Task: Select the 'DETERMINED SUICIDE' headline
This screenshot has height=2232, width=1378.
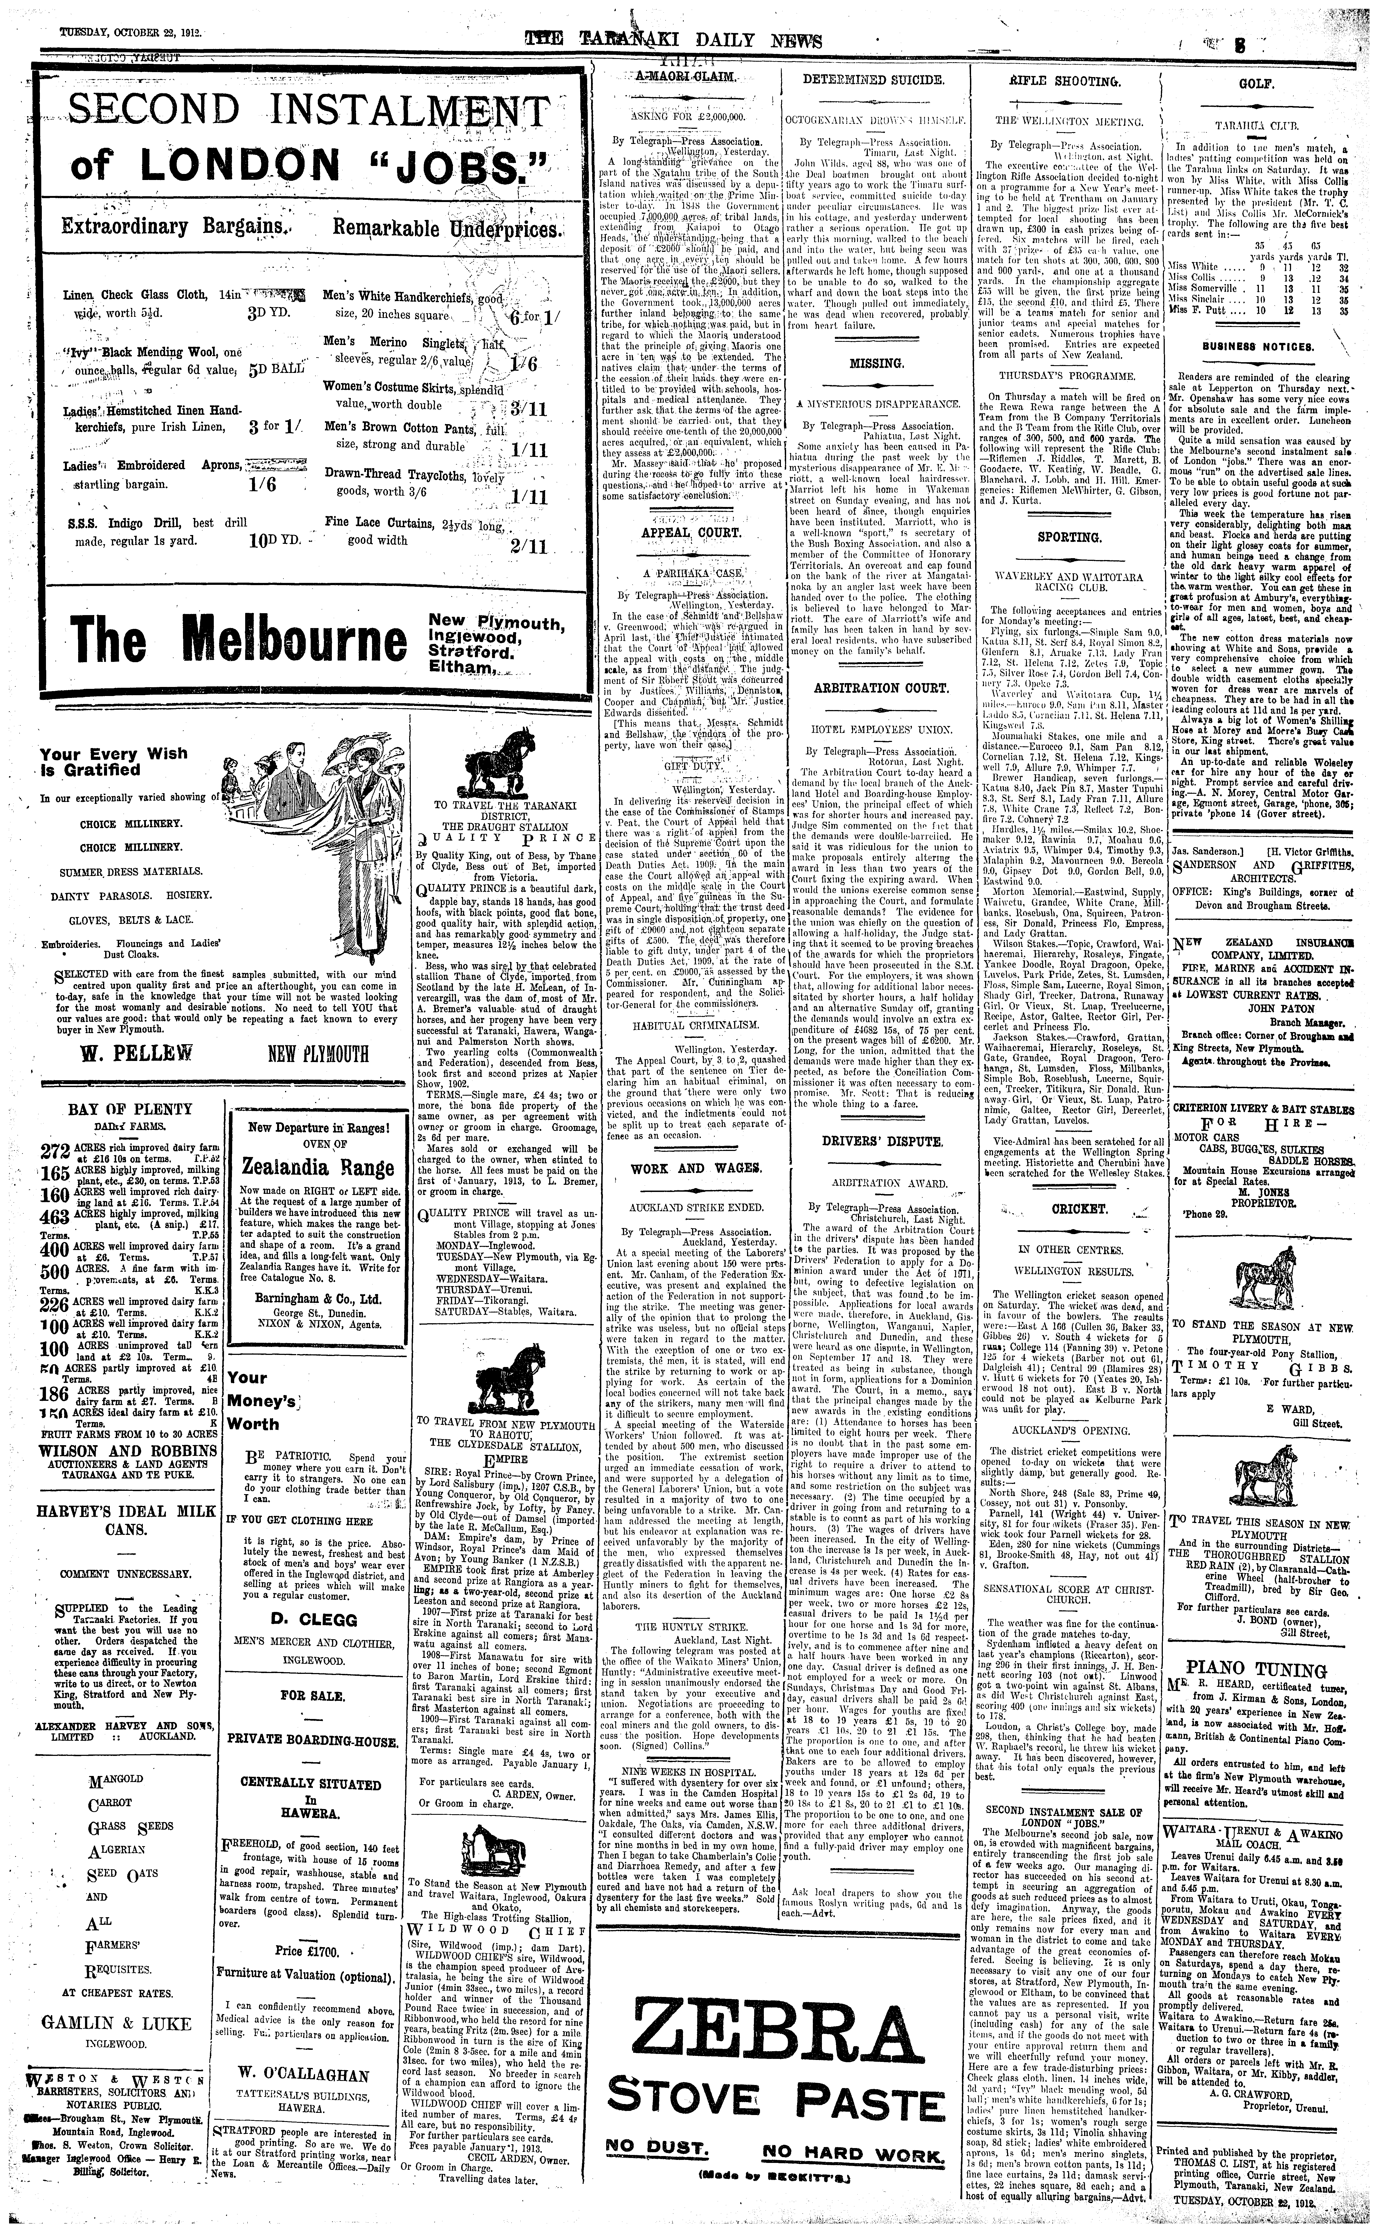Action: click(x=873, y=80)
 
